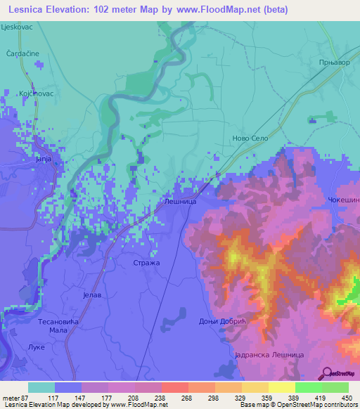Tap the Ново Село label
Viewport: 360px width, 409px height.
[x=250, y=138]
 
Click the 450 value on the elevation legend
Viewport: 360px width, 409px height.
[x=345, y=398]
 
